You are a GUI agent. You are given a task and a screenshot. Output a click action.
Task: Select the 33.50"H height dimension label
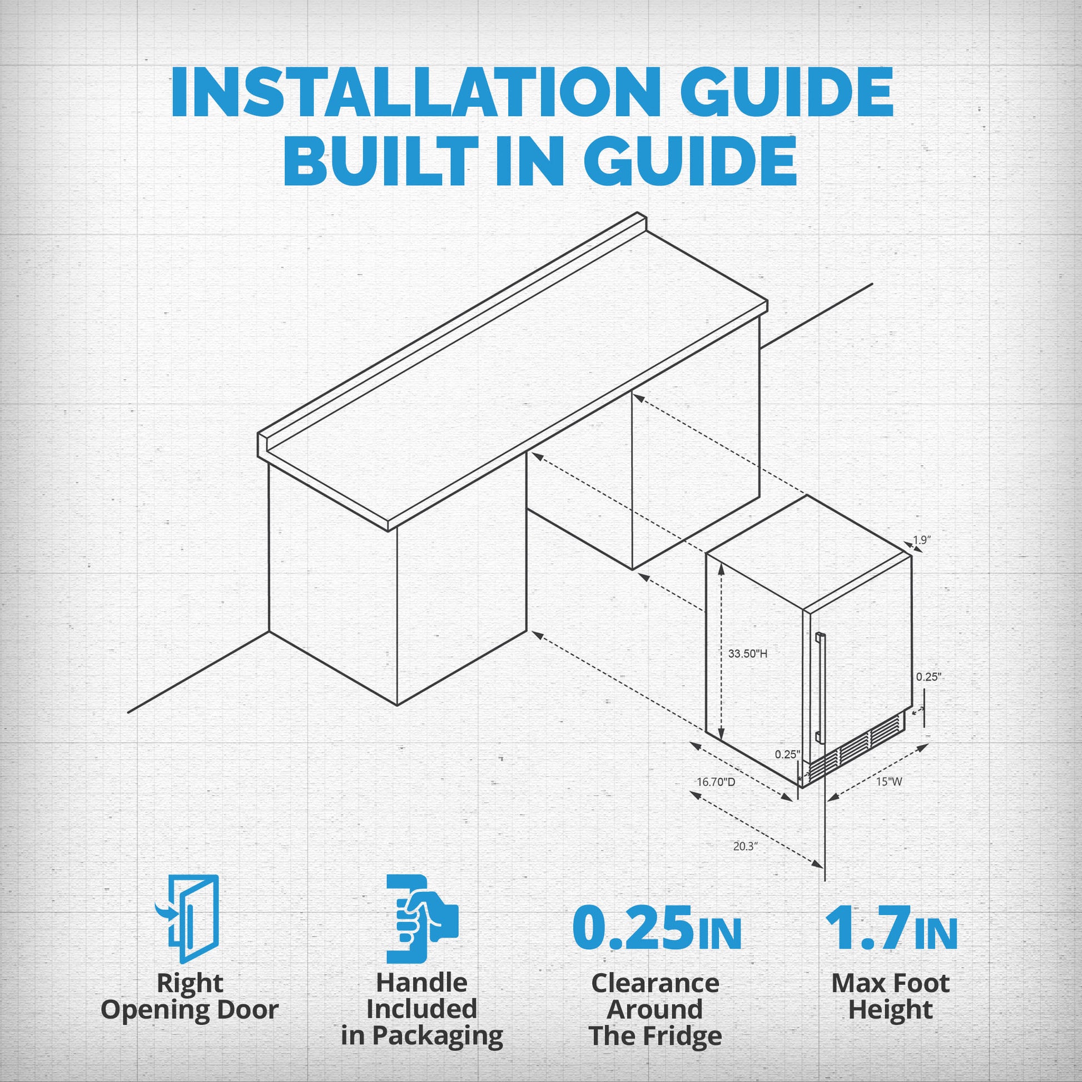(748, 653)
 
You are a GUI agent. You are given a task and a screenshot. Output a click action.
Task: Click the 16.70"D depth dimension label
(716, 782)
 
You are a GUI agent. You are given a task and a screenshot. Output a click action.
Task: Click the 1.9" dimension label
(922, 540)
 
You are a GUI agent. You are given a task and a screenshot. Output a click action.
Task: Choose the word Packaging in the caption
(438, 1036)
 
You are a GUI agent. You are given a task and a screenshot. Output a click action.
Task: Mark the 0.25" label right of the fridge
(929, 677)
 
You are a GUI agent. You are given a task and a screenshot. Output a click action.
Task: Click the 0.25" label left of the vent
(788, 755)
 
